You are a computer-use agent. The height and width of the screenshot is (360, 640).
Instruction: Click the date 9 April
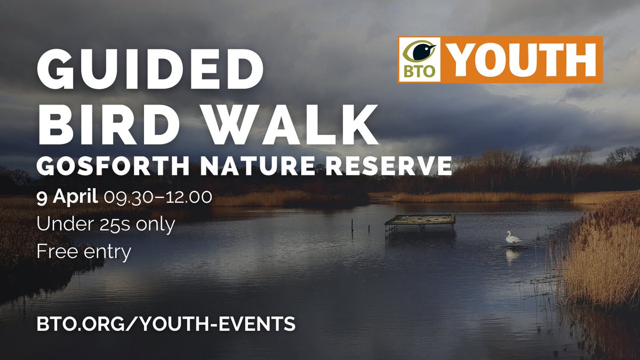[67, 197]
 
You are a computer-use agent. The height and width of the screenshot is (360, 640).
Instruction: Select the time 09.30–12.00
[158, 197]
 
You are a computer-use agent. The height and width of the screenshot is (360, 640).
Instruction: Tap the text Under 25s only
[106, 224]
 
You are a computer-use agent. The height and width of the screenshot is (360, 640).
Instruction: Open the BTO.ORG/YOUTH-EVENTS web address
[166, 323]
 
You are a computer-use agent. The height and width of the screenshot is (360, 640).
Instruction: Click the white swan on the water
[513, 238]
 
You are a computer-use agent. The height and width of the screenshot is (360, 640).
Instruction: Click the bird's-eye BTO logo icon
[419, 52]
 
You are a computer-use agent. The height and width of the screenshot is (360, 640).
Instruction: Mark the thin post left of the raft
[352, 227]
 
